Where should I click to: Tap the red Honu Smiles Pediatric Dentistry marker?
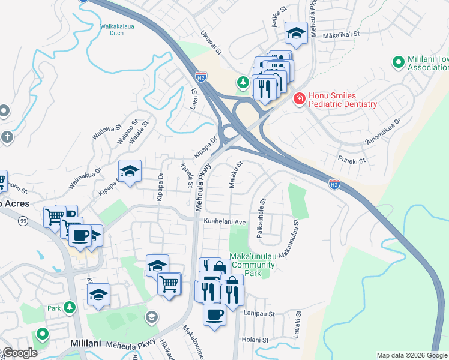[x=298, y=99]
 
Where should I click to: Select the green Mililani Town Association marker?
[x=397, y=62]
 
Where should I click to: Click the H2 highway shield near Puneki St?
[x=334, y=184]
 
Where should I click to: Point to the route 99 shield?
[x=23, y=221]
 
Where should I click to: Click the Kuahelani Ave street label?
[x=226, y=221]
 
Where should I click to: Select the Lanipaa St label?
[x=259, y=313]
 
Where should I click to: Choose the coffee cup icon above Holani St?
[x=214, y=314]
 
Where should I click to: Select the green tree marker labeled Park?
[x=70, y=307]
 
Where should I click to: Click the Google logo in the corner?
[x=19, y=352]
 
